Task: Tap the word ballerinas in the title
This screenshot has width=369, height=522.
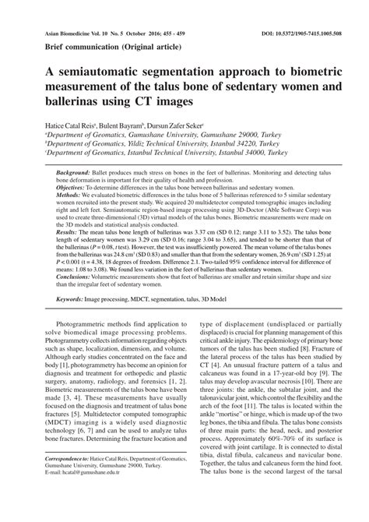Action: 71,102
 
